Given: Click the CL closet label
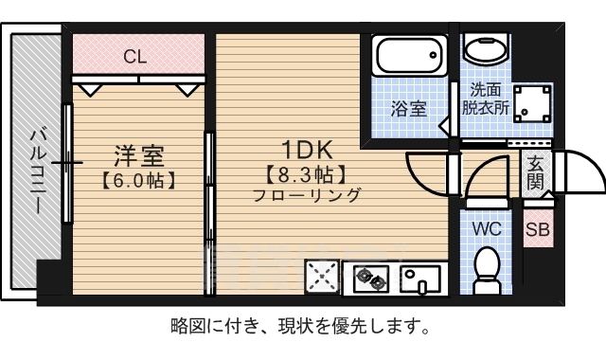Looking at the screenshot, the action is (x=135, y=56).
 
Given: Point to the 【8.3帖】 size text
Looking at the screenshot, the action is (x=306, y=174).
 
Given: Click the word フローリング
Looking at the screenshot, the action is (x=306, y=196).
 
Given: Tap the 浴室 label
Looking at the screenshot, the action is (x=409, y=108).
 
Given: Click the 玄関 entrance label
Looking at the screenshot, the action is (x=536, y=171).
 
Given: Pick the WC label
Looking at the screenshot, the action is (x=487, y=227).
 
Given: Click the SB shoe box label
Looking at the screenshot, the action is (x=537, y=228).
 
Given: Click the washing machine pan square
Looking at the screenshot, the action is (x=532, y=105).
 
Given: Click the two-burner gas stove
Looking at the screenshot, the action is (x=370, y=279).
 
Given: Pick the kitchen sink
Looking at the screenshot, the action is (x=420, y=279).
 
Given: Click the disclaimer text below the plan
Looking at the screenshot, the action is (x=301, y=328).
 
